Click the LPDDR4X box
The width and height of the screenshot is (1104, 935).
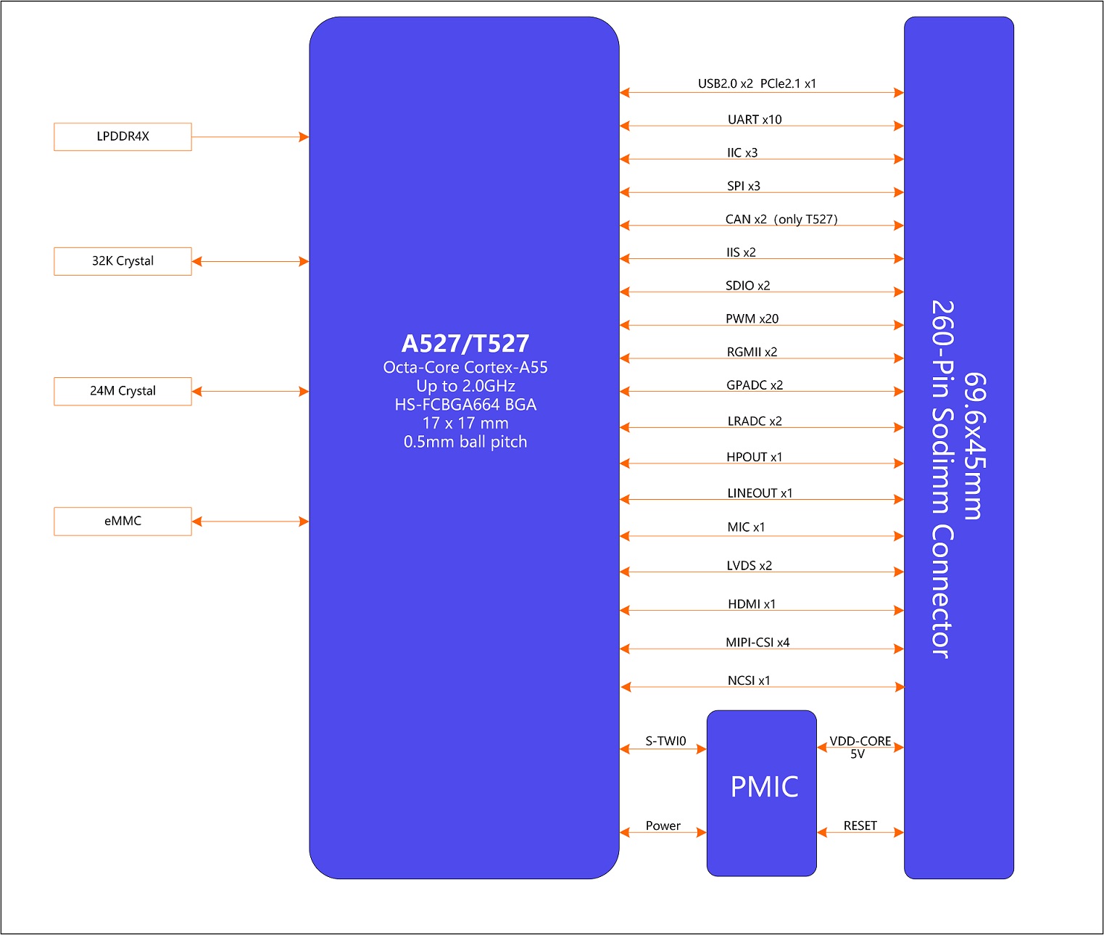123,136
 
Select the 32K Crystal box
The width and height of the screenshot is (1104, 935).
123,261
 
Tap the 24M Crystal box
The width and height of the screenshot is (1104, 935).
123,391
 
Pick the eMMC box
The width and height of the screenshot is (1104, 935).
123,521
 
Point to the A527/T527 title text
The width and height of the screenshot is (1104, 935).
465,343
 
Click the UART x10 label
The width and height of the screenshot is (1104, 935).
755,120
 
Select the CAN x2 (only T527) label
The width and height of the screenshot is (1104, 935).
781,219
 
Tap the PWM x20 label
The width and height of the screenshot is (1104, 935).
752,318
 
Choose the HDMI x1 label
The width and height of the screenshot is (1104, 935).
752,604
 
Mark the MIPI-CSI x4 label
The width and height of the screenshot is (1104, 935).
758,642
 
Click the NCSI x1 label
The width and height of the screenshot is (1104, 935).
749,680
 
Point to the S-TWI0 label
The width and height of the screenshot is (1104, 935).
665,741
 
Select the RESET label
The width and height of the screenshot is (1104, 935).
860,825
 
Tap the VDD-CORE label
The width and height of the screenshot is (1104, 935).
860,741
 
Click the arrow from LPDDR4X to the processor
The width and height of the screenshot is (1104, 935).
250,137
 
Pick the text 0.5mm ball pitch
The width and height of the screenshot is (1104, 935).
465,442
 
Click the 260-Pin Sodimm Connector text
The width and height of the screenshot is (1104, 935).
942,479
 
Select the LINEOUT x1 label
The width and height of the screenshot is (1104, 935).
760,493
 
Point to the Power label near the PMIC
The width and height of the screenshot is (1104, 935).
663,825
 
